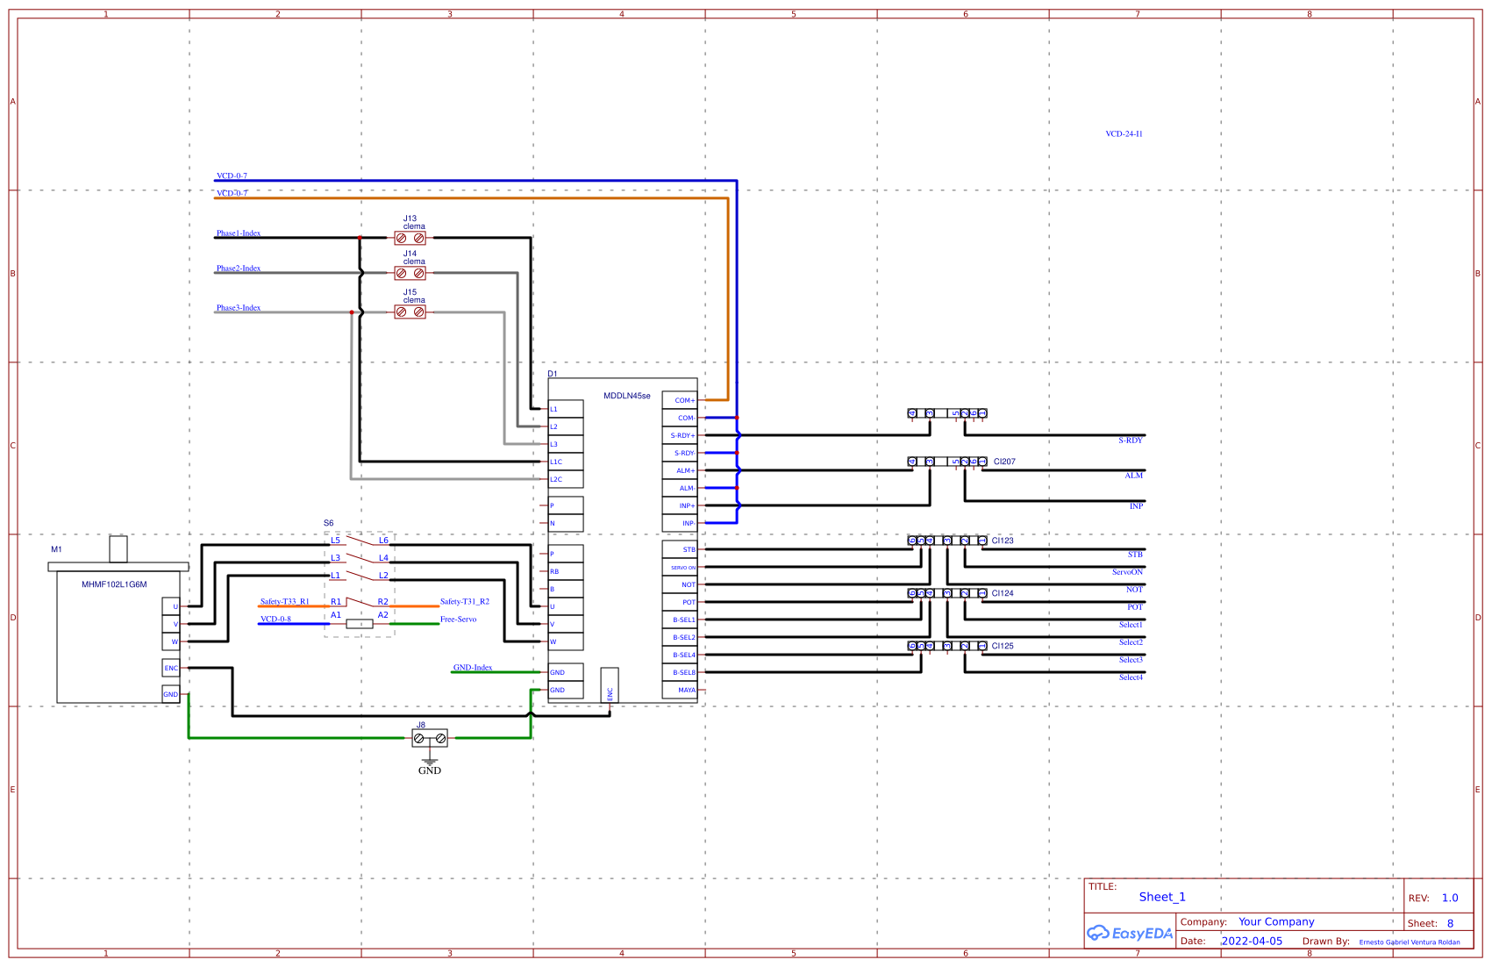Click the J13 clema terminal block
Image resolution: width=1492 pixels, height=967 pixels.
[x=410, y=238]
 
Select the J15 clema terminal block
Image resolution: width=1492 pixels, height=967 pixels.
[x=410, y=312]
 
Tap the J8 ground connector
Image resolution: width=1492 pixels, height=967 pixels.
[x=430, y=739]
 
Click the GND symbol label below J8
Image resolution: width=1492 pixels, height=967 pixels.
[x=430, y=770]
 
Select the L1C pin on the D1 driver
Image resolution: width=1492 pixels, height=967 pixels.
[x=565, y=462]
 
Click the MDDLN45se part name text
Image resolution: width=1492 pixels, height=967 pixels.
[x=627, y=396]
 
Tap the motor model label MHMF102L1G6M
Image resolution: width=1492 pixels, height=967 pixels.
[x=114, y=584]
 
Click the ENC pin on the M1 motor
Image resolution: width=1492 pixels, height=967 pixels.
[x=171, y=668]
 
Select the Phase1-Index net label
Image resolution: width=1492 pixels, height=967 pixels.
[x=239, y=233]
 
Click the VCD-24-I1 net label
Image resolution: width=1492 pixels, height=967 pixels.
[x=1124, y=134]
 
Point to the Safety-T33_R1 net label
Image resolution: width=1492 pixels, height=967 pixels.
[x=284, y=602]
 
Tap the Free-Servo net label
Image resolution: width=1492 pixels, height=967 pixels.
[x=458, y=620]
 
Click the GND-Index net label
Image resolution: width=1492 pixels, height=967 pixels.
[x=473, y=668]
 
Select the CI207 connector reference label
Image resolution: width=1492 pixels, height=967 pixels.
[x=1004, y=462]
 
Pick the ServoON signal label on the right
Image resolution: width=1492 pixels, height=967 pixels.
[x=1127, y=572]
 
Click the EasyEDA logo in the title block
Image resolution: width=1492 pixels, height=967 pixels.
[x=1130, y=934]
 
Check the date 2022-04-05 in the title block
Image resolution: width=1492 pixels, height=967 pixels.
[x=1252, y=941]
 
